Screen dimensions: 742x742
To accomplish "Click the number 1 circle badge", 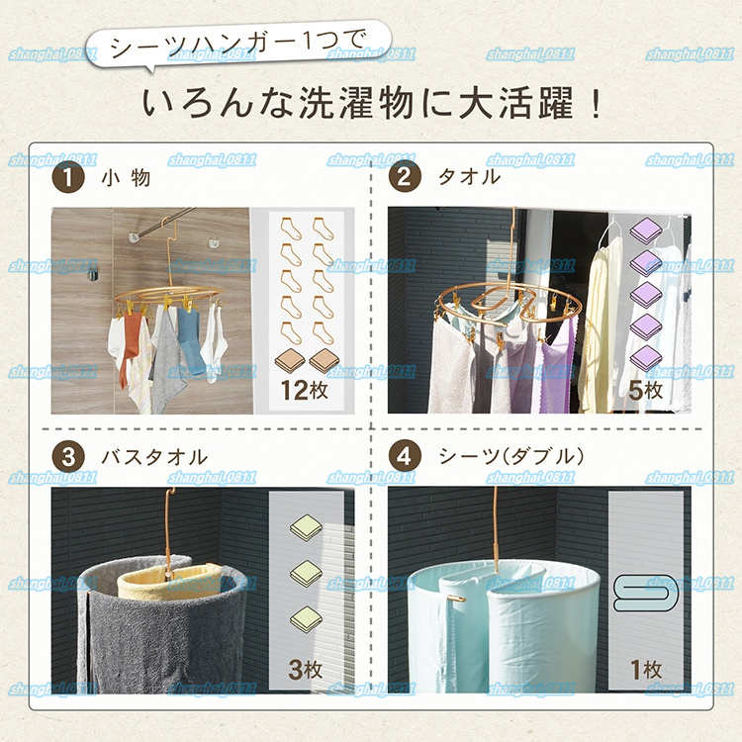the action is tap(68, 177).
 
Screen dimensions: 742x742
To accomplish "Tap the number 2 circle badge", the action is tap(405, 176).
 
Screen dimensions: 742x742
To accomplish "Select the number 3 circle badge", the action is tap(68, 457).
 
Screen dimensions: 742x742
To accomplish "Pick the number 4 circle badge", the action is tap(405, 457).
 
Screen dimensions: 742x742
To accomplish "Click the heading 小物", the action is tap(126, 178).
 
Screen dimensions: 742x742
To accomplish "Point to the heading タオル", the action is tap(469, 177).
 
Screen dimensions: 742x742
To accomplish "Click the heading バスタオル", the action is tap(154, 457).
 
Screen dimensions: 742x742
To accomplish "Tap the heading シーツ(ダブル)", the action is tap(511, 457).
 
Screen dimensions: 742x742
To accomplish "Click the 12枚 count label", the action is tap(305, 391).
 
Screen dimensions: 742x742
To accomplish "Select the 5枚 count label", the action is tap(645, 391).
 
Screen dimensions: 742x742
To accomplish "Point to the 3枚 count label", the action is tap(306, 670).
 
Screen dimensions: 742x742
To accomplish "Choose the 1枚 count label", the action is tap(646, 670).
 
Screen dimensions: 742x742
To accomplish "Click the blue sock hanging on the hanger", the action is tap(190, 337).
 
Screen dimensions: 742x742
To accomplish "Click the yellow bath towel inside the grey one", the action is tap(165, 583).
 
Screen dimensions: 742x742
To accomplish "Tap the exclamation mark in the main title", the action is tap(595, 103).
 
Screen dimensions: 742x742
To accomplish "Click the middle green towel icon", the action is tap(306, 574).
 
